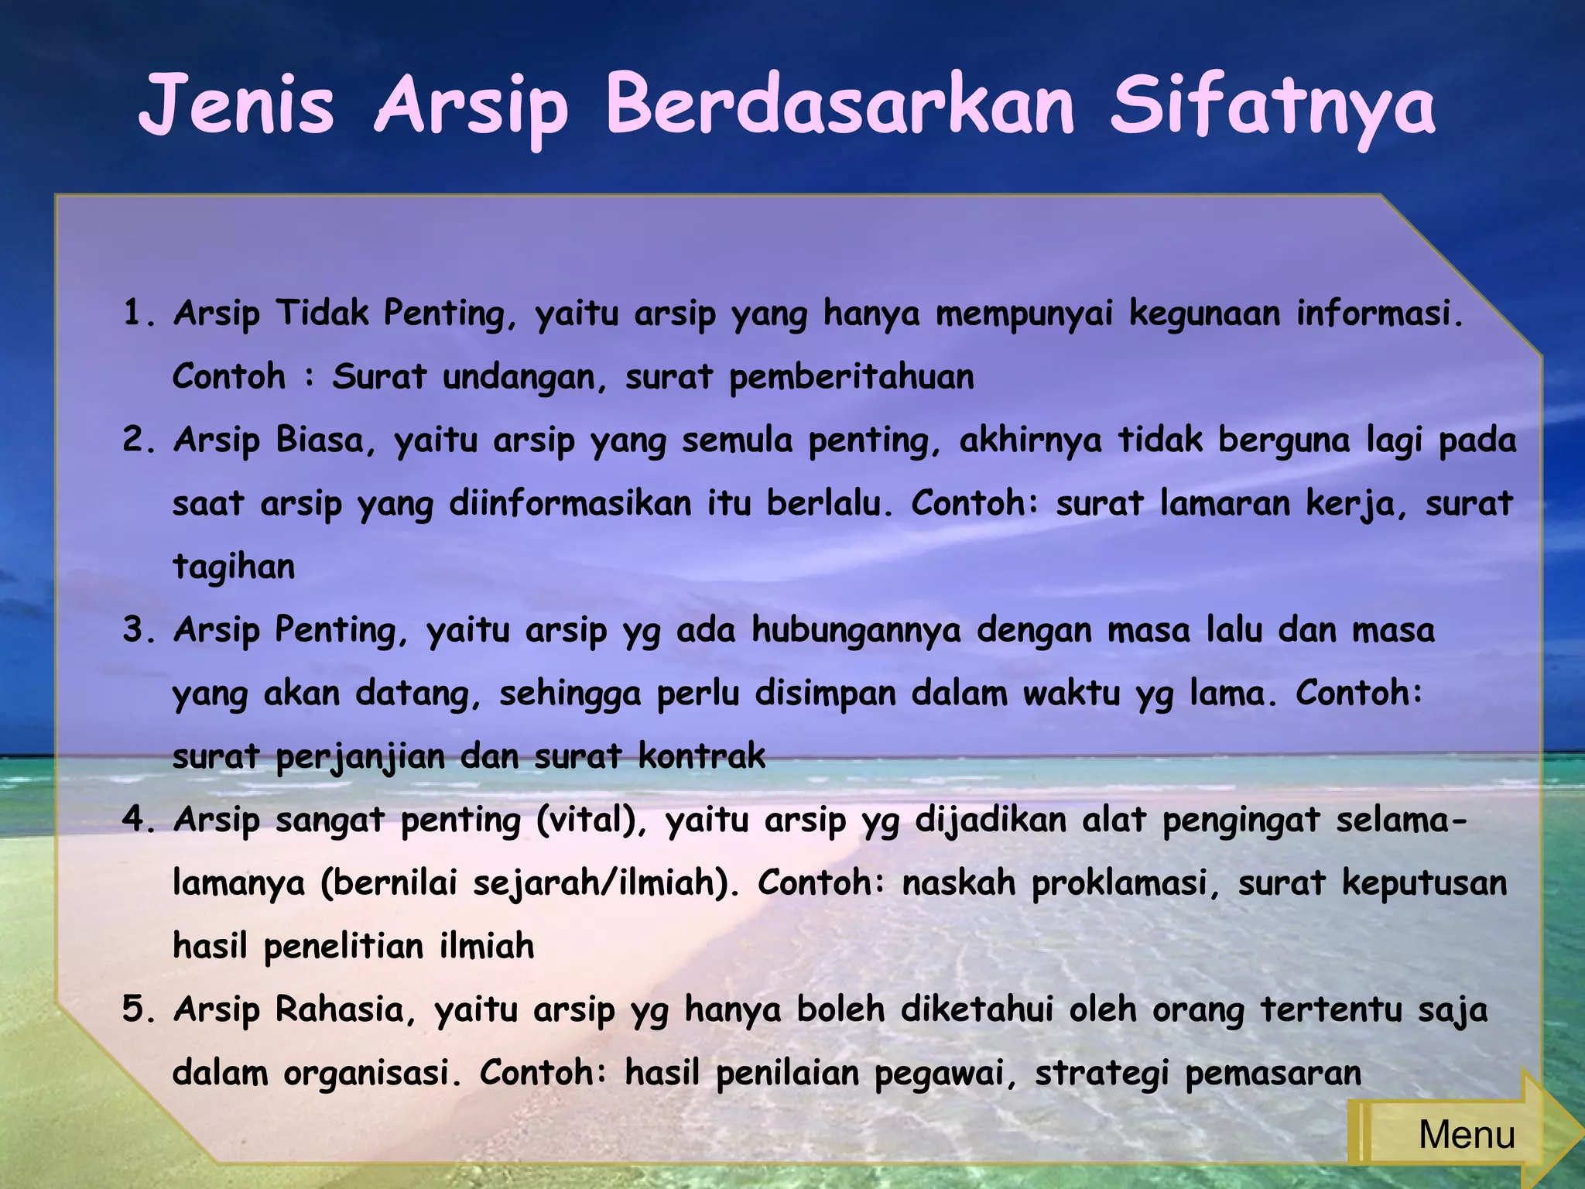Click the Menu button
(1465, 1135)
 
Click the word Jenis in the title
(237, 105)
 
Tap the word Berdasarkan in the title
(840, 105)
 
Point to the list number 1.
(139, 314)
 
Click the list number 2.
(139, 440)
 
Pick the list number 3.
(139, 630)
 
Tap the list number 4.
(139, 820)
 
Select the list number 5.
(139, 1009)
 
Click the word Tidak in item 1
(323, 313)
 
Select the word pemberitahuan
(851, 377)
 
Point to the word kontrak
(702, 756)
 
